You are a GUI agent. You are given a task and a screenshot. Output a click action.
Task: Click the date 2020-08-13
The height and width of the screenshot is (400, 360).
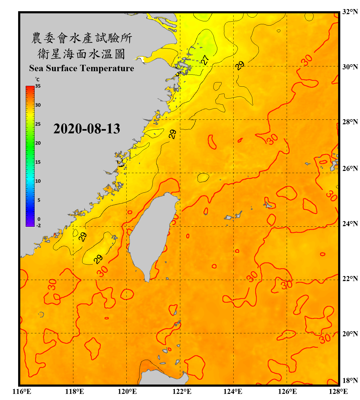click(x=87, y=129)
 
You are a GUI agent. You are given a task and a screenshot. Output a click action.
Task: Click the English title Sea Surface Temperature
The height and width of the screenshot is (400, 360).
click(x=82, y=68)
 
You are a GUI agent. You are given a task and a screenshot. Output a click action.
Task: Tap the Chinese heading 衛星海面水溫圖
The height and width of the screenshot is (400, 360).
click(x=81, y=54)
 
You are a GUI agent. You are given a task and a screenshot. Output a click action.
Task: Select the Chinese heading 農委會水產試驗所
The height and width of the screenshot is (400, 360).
click(x=82, y=38)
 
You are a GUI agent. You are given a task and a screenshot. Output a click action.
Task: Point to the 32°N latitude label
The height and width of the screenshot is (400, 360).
click(x=350, y=12)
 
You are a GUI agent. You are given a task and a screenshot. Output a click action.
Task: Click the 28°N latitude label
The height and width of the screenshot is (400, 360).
click(x=350, y=122)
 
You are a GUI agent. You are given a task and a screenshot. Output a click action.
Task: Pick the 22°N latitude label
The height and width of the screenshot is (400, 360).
click(x=350, y=279)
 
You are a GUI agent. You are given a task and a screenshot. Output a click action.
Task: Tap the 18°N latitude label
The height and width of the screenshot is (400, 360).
click(x=350, y=381)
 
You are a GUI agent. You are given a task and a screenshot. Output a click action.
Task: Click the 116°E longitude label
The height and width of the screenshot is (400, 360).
click(x=22, y=391)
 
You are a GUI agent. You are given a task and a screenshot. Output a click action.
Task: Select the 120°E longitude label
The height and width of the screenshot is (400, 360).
click(x=127, y=391)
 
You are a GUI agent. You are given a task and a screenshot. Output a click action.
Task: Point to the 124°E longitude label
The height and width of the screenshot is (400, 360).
click(x=233, y=391)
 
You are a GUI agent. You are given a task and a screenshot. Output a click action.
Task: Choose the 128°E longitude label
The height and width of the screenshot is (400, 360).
click(x=338, y=391)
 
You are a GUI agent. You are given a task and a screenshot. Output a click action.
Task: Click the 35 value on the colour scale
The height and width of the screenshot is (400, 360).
click(x=38, y=86)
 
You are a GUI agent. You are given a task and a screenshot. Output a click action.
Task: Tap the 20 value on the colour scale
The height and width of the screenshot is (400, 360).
click(x=38, y=143)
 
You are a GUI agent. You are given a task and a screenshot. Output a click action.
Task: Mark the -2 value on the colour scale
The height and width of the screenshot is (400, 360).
click(x=38, y=226)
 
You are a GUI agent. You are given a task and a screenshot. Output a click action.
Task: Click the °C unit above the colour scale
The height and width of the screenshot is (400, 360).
click(x=37, y=79)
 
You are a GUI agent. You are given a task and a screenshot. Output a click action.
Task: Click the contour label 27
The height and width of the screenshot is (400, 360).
click(x=205, y=60)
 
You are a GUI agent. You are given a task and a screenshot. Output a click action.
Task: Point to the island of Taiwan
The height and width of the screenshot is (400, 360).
click(x=151, y=235)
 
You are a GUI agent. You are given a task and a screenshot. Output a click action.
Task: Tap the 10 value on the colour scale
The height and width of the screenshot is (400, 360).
click(x=38, y=181)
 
